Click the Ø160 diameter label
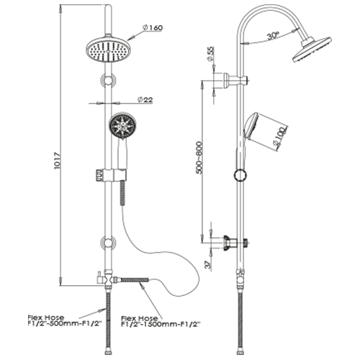(153, 28)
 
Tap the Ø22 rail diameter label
(145, 99)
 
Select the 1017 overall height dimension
(58, 161)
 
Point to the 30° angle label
(273, 36)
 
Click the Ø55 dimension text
(210, 54)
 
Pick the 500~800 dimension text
(199, 158)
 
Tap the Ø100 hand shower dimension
(280, 137)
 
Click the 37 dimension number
(208, 264)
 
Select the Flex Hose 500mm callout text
(65, 320)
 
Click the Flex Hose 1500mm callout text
(161, 322)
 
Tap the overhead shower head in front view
(109, 49)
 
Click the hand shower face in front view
(122, 125)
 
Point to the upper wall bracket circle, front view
(109, 80)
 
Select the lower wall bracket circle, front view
(109, 243)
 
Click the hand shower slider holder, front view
(111, 175)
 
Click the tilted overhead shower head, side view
(312, 50)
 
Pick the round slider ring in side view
(240, 175)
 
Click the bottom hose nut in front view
(109, 353)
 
